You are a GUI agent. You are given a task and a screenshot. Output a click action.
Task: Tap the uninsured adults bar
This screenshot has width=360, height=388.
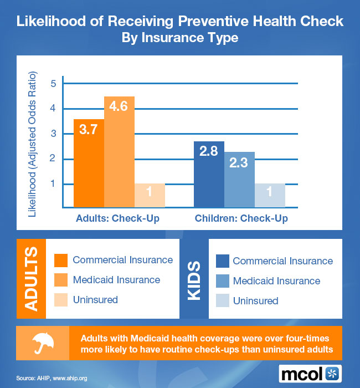150,195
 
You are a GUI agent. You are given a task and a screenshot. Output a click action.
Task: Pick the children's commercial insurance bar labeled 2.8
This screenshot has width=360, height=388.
209,174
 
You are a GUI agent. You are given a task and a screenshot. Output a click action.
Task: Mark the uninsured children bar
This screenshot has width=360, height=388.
269,195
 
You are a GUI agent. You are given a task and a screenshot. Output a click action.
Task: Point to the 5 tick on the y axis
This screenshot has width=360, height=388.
54,84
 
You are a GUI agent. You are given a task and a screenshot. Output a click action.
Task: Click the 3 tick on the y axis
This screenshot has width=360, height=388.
54,134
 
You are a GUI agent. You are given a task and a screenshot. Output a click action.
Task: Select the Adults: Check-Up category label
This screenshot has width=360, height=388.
117,218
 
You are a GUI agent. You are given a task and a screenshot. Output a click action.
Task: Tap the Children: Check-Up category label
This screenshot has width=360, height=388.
241,218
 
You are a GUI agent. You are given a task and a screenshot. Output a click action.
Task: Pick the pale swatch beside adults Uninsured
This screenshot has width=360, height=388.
61,300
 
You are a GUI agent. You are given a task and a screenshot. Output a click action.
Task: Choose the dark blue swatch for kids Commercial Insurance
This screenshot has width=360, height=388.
222,261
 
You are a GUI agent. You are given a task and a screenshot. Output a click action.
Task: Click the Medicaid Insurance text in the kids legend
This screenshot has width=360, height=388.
276,281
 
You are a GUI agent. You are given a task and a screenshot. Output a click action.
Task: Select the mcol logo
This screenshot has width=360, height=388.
310,372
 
